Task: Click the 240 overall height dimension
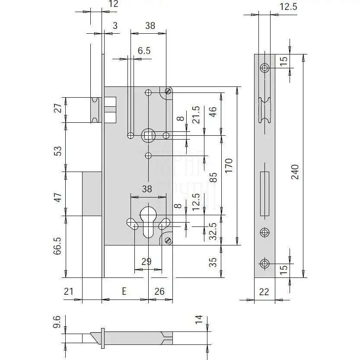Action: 295,172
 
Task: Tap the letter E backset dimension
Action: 124,292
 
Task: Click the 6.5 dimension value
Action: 144,51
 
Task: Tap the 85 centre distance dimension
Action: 213,177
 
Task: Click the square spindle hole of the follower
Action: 148,136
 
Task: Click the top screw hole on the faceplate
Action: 264,68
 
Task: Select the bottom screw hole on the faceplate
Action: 264,263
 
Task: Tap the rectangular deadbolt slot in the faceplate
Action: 264,194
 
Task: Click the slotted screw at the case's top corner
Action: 168,91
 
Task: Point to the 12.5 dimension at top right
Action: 289,6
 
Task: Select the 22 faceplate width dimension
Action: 264,292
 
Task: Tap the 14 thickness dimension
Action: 198,320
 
